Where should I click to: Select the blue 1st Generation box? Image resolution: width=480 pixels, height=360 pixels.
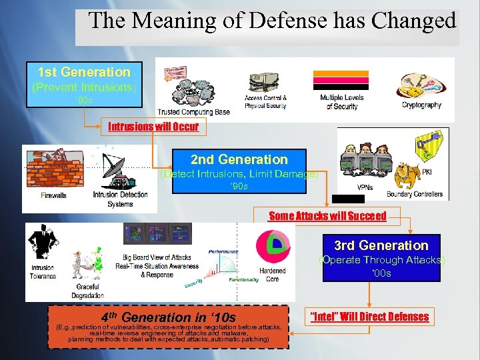click(84, 83)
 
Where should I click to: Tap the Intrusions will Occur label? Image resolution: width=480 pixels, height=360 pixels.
click(153, 126)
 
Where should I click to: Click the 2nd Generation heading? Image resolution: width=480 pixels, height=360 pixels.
click(239, 159)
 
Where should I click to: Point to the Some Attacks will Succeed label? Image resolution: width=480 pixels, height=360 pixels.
click(327, 215)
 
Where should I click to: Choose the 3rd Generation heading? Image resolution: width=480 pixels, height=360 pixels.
click(381, 245)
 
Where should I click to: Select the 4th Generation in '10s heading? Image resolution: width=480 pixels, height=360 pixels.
click(168, 317)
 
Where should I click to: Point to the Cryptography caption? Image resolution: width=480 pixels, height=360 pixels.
click(421, 105)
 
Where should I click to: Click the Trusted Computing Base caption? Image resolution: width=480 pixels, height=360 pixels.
click(193, 112)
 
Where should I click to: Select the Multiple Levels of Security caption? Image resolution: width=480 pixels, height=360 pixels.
click(341, 102)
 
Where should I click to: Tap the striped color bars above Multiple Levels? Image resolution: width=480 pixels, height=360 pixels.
click(341, 79)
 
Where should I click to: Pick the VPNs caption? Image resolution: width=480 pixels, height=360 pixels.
click(365, 187)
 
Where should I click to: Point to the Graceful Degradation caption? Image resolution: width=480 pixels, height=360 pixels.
click(87, 291)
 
